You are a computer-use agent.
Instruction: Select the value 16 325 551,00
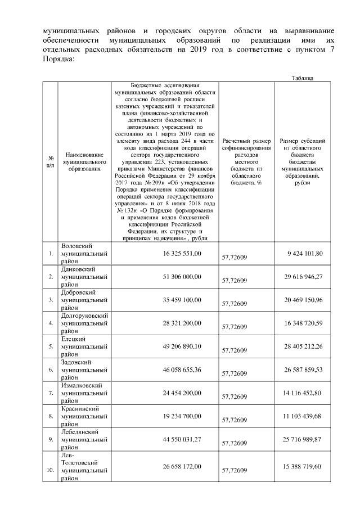click(x=182, y=254)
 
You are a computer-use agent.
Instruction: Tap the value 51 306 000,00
click(x=182, y=277)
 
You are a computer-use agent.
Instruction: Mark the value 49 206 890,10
click(x=182, y=346)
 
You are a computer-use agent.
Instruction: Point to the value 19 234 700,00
click(x=182, y=416)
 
